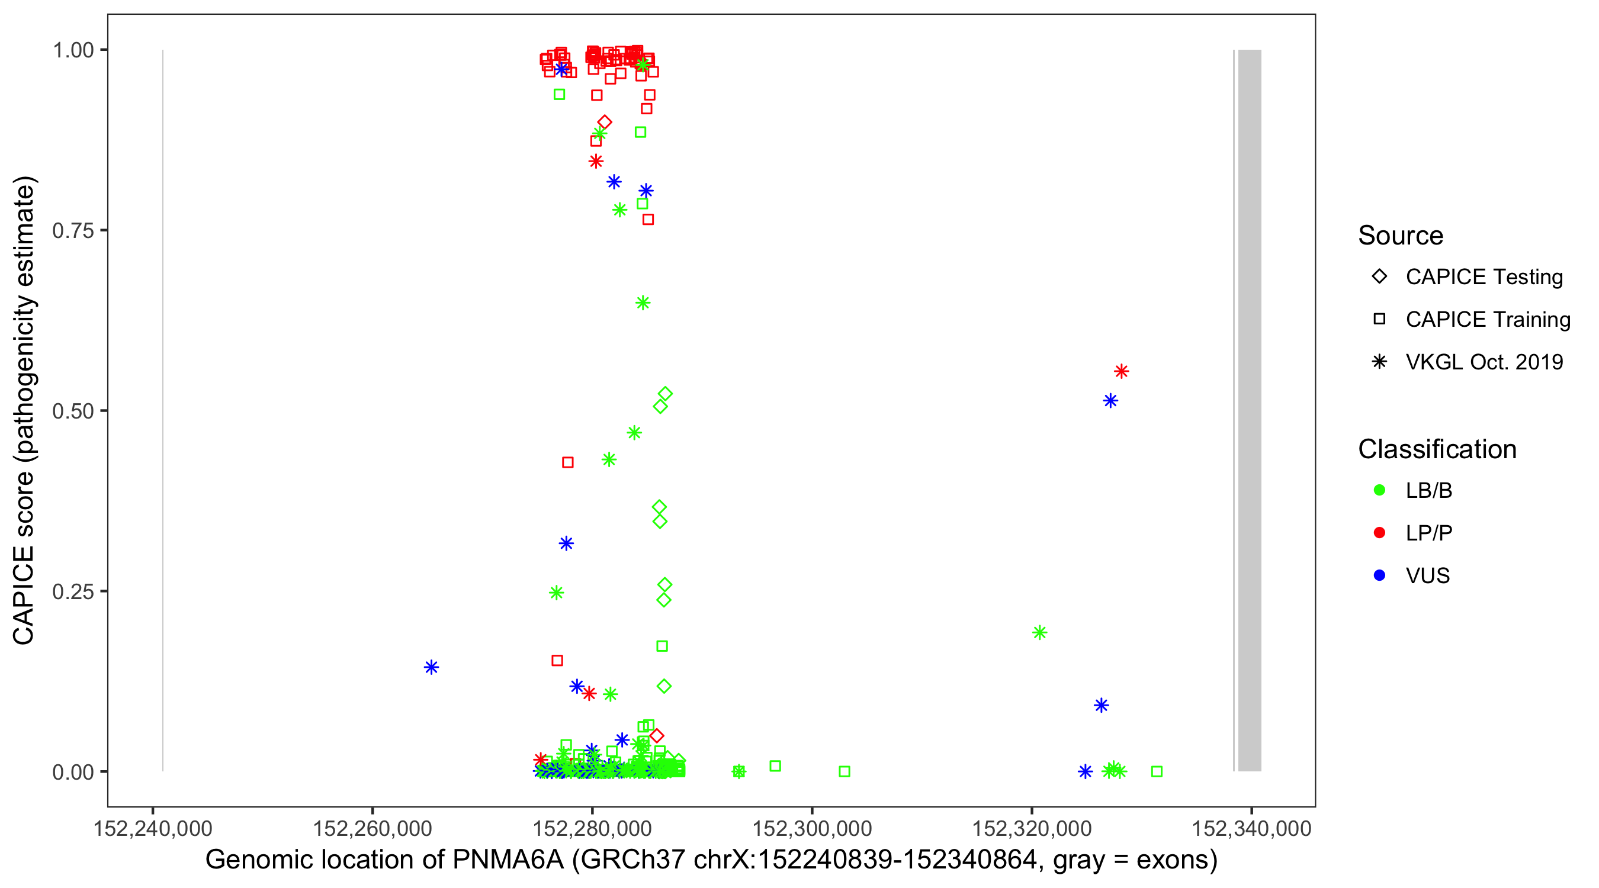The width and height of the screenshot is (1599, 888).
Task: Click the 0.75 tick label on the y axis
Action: coord(72,230)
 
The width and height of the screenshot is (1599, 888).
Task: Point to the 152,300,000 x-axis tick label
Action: coord(812,828)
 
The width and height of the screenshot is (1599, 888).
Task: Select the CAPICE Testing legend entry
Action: coord(1484,277)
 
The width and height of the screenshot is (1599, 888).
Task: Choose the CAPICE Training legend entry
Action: coord(1487,320)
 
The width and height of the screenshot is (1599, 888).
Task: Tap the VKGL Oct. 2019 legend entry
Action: coord(1484,362)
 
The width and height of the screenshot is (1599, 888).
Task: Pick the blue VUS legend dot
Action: coord(1379,575)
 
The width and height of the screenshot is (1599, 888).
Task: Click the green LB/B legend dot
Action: coord(1379,490)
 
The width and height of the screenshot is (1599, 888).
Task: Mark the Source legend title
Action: coord(1401,236)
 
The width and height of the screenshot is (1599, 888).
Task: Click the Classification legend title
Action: coord(1437,449)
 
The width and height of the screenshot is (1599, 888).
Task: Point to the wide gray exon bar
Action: coord(1249,410)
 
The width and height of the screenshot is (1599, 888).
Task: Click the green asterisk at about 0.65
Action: coord(643,303)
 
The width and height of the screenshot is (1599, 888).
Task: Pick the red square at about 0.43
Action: coord(567,462)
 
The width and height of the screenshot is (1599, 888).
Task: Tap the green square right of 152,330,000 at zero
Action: coord(1157,771)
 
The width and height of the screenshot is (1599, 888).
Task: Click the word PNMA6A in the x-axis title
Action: coord(508,860)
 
